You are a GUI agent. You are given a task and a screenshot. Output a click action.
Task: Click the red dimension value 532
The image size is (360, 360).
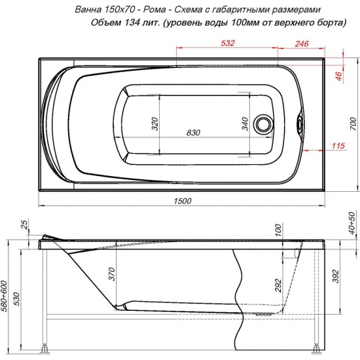point(228,44)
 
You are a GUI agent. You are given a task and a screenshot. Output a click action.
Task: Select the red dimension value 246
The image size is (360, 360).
point(302,44)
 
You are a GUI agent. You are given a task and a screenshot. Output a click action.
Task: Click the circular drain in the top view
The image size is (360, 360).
point(266,124)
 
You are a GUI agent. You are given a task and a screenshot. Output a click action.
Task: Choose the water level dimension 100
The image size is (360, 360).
point(278,229)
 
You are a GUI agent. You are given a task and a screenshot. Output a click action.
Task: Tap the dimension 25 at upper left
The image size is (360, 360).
point(26,226)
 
